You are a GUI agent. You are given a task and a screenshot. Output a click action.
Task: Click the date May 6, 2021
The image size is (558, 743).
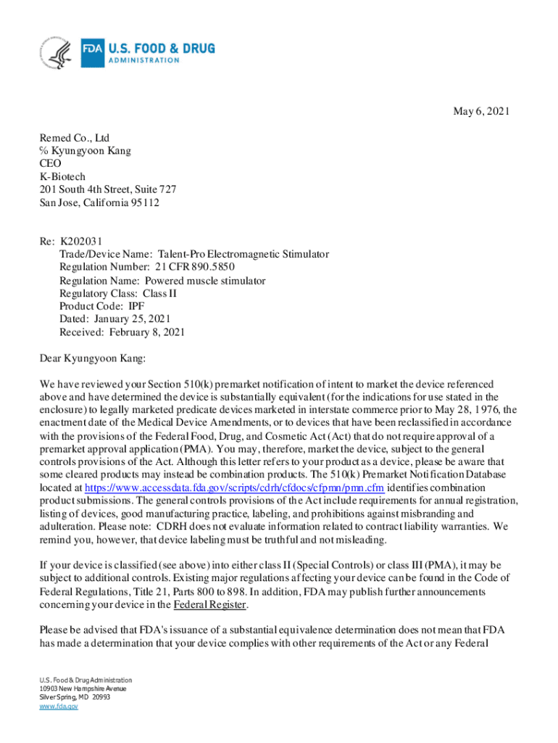tap(481, 111)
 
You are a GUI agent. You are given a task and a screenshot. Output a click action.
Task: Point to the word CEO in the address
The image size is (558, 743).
tap(51, 163)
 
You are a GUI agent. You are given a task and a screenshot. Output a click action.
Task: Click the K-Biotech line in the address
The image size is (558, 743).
tap(62, 176)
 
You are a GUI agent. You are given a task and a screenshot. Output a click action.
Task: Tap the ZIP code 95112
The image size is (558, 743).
tap(144, 202)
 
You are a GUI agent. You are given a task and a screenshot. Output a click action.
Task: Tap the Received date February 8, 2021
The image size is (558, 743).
tap(147, 332)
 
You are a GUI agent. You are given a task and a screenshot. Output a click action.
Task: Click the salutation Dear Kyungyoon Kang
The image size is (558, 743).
tap(93, 358)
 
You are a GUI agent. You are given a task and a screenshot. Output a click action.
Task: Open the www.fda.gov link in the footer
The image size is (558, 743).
tap(59, 705)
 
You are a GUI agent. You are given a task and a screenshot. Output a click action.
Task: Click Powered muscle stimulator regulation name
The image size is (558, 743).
tap(205, 281)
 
